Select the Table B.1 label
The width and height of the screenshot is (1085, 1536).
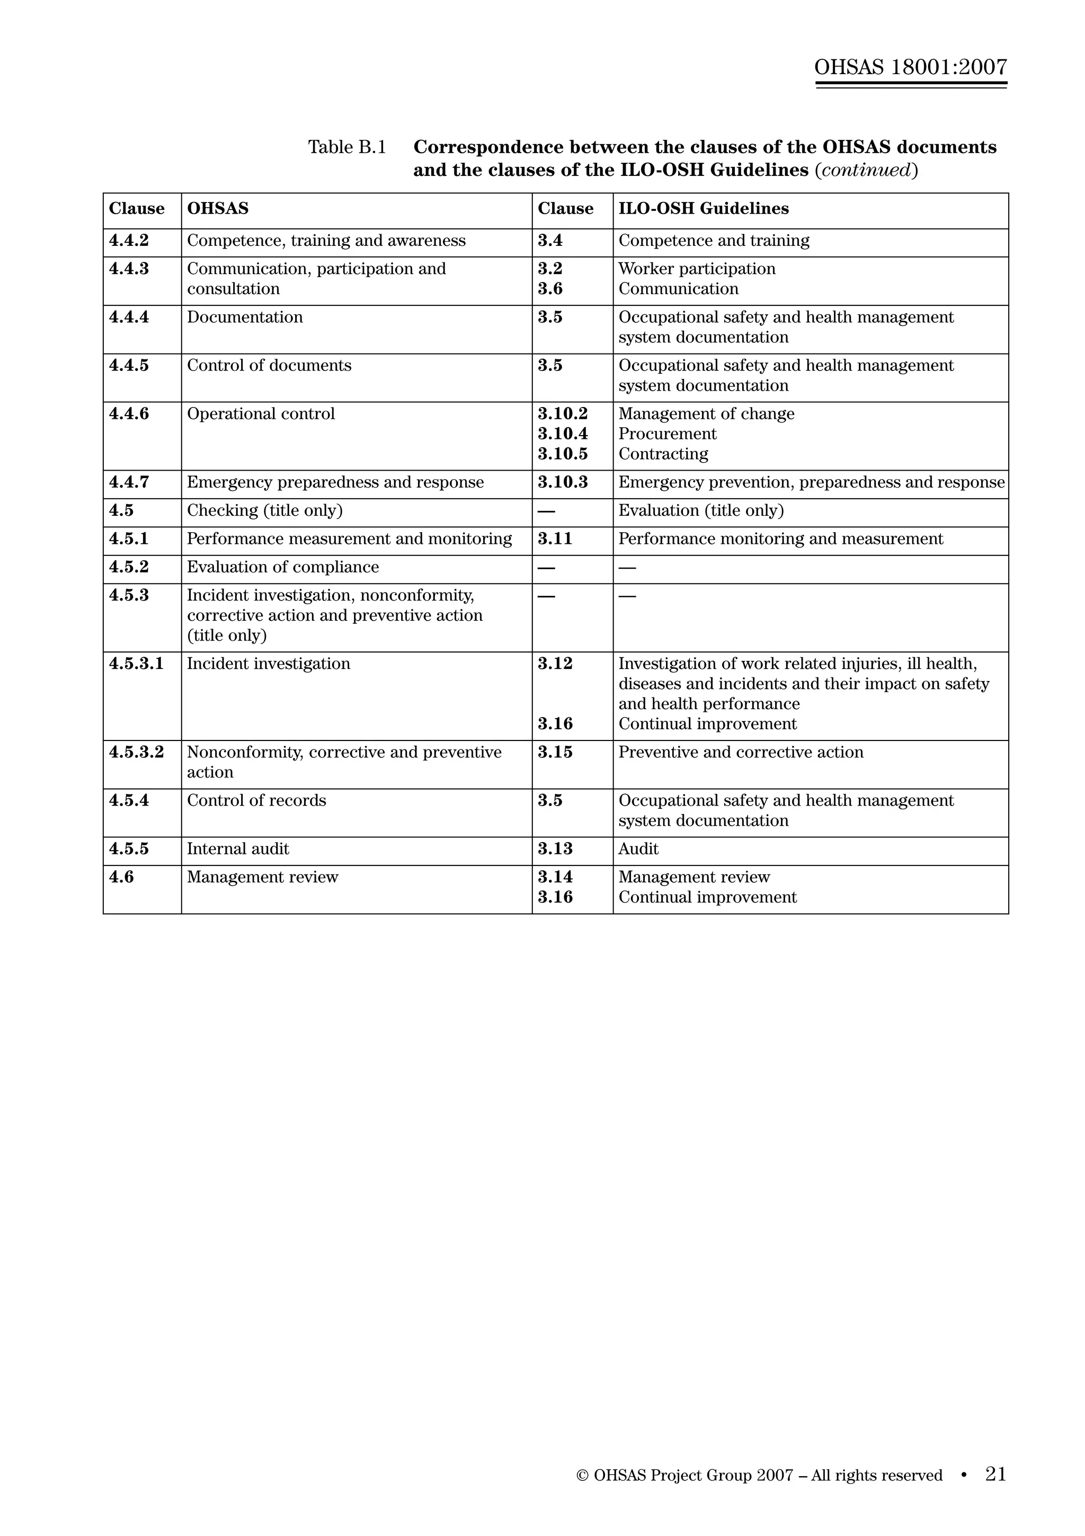pyautogui.click(x=347, y=147)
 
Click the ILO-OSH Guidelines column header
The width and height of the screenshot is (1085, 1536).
pyautogui.click(x=703, y=209)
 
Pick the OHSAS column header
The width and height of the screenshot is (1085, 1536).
pyautogui.click(x=217, y=209)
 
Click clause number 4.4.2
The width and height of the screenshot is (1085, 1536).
pyautogui.click(x=129, y=241)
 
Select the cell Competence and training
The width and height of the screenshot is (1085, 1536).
pyautogui.click(x=713, y=241)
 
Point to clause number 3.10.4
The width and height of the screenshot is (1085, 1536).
pyautogui.click(x=563, y=434)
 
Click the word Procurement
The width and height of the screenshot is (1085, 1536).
pyautogui.click(x=667, y=434)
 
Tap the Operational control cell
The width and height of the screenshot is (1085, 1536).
pyautogui.click(x=261, y=414)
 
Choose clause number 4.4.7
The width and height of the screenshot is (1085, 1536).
pyautogui.click(x=129, y=482)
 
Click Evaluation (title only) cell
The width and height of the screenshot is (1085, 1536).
pyautogui.click(x=700, y=510)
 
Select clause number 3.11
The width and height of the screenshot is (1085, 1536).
pyautogui.click(x=555, y=539)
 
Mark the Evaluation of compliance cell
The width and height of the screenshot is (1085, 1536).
pyautogui.click(x=283, y=567)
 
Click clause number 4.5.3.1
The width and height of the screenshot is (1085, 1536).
pyautogui.click(x=136, y=664)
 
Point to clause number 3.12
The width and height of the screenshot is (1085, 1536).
pyautogui.click(x=555, y=664)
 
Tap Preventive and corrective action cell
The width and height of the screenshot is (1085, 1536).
pyautogui.click(x=741, y=753)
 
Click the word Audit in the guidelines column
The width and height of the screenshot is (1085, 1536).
pyautogui.click(x=638, y=849)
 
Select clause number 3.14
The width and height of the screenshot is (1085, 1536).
pyautogui.click(x=555, y=877)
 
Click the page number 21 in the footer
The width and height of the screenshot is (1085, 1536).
pyautogui.click(x=995, y=1475)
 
